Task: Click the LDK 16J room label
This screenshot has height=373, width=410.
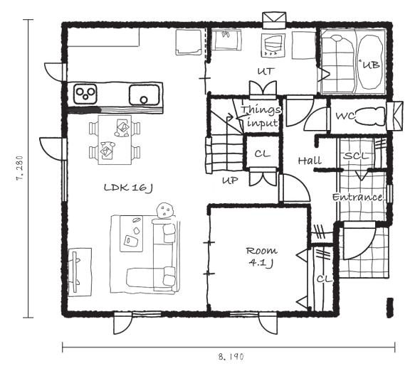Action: pos(128,188)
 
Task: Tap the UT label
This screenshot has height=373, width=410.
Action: pos(266,71)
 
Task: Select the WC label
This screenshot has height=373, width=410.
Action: pos(345,116)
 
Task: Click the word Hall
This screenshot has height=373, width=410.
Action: pos(310,161)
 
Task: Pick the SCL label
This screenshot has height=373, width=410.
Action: pos(356,156)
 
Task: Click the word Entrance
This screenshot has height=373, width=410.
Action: pos(357,197)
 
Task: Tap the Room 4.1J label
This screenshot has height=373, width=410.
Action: pos(261,257)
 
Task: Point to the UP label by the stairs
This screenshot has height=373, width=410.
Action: pos(230,180)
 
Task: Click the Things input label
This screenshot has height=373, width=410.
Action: pos(261,116)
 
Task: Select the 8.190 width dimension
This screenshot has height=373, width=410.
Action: pos(231,357)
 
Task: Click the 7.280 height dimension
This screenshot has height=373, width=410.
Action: pos(20,168)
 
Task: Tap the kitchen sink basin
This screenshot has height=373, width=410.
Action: pos(144,94)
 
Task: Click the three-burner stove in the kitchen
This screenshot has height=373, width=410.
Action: pos(85,94)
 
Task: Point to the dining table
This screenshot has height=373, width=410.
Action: pos(115,140)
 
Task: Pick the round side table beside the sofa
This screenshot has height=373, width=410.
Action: pos(164,210)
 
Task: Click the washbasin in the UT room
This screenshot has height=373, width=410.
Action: pos(226,40)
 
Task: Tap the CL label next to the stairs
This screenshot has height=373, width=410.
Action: pos(262,153)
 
